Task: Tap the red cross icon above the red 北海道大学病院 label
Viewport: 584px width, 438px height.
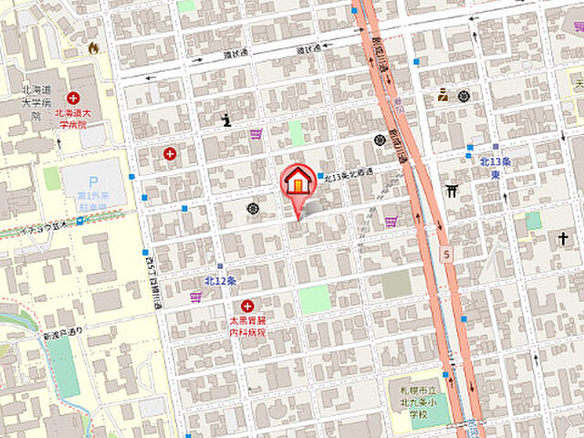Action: click(x=72, y=98)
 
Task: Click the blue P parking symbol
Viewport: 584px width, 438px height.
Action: click(x=92, y=173)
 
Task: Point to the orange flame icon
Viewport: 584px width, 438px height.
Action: click(x=92, y=47)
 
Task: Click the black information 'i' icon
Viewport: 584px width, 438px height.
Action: click(x=226, y=119)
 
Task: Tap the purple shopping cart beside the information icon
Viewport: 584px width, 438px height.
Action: click(x=256, y=134)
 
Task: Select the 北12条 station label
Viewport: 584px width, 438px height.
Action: click(x=221, y=279)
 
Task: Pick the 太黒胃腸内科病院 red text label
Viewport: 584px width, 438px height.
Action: click(x=247, y=327)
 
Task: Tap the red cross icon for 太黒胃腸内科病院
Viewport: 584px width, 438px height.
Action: click(x=246, y=306)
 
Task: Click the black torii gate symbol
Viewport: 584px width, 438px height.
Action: click(x=451, y=191)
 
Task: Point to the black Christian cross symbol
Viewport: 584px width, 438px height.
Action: click(x=565, y=239)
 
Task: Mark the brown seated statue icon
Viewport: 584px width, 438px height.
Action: click(x=443, y=93)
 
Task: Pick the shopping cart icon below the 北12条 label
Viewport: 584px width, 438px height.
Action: click(x=195, y=297)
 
